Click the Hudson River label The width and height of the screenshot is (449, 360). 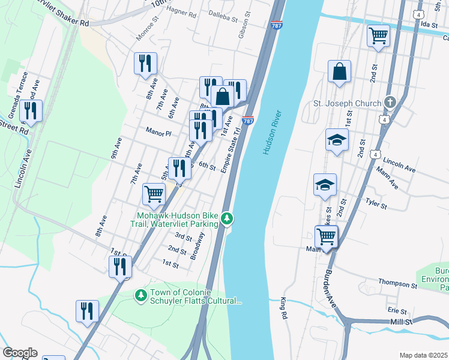tap(272, 132)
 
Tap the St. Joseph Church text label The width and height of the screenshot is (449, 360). tap(348, 103)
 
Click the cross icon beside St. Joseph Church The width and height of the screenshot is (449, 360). tap(390, 103)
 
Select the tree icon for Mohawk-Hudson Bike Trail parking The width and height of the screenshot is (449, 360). tap(226, 218)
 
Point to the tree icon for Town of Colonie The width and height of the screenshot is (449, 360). tap(141, 295)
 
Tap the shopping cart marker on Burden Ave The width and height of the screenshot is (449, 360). tap(326, 235)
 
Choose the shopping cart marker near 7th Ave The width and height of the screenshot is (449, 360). tap(154, 194)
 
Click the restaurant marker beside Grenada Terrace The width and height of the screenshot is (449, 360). tap(31, 110)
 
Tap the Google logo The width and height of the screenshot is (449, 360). tap(20, 352)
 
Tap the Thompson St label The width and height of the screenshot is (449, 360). tap(397, 281)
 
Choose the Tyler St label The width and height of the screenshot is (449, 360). tap(376, 203)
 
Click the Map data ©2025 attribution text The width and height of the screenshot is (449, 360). tap(424, 355)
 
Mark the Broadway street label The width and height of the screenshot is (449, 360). tap(199, 246)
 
